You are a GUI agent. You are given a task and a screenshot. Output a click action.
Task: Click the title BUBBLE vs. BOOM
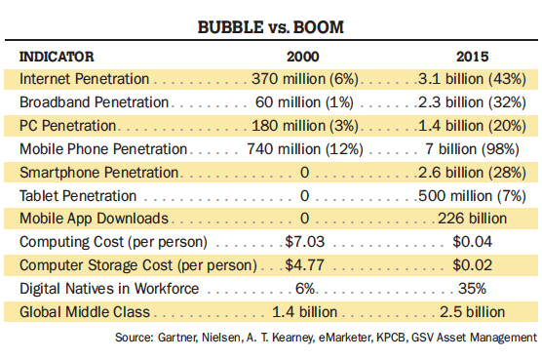tap(271, 27)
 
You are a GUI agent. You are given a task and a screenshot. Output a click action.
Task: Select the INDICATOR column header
tap(57, 57)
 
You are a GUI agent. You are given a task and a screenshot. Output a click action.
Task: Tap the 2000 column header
tap(303, 57)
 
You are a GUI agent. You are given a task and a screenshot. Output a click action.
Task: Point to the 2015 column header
tap(472, 57)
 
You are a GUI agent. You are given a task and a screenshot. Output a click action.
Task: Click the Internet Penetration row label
tap(85, 79)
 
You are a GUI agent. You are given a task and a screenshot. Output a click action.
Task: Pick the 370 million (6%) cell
tap(305, 79)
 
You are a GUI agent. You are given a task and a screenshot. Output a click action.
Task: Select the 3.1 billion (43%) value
tap(472, 79)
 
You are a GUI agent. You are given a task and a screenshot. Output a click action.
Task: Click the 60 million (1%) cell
tap(304, 102)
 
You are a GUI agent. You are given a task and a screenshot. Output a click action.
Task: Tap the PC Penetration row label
tap(68, 126)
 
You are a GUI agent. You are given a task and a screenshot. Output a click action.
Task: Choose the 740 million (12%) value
tap(305, 149)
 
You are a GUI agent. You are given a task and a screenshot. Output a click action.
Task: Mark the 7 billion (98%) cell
tap(472, 149)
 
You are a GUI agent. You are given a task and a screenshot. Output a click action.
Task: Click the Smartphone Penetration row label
tap(98, 173)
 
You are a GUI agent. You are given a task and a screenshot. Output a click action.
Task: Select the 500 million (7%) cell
tap(472, 196)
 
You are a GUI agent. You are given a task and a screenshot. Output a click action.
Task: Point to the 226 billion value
tap(472, 219)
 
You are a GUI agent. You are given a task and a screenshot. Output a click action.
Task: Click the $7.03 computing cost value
tap(305, 242)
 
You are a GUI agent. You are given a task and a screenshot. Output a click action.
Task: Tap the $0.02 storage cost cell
tap(472, 265)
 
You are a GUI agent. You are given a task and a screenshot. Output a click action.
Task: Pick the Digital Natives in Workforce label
tap(109, 289)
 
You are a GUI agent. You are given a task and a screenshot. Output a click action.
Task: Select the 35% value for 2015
tap(472, 289)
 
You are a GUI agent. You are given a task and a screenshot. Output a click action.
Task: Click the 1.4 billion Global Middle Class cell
tap(304, 312)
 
